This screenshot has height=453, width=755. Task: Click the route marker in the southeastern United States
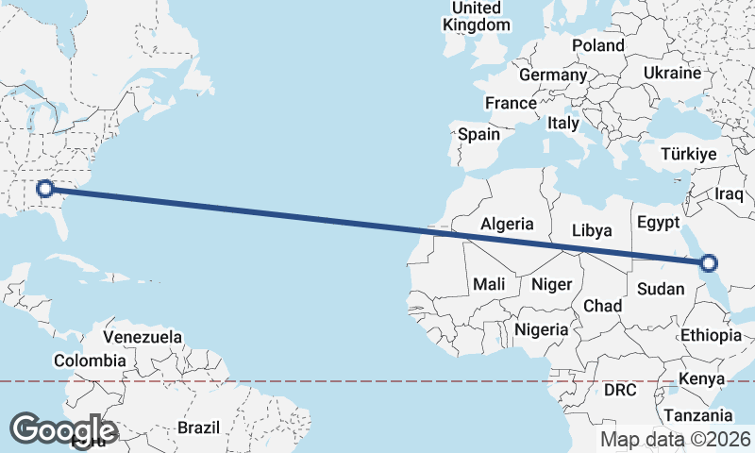(x=44, y=189)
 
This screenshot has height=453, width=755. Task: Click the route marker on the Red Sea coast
(x=710, y=264)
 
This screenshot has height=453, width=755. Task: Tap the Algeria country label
(x=507, y=225)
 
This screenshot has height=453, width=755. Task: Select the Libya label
(x=592, y=230)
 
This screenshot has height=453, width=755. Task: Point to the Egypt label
(x=659, y=224)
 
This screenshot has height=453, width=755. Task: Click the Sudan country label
(x=660, y=289)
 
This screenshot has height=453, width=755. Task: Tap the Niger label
(x=552, y=284)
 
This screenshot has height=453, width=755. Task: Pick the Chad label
(x=603, y=306)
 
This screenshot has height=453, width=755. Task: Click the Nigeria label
(x=542, y=329)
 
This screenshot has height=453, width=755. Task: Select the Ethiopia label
(x=711, y=335)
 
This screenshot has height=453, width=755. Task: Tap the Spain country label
(x=479, y=134)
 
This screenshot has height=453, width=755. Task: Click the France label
(x=511, y=103)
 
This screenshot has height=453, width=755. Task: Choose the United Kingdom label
(x=477, y=17)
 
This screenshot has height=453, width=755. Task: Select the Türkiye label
(x=690, y=154)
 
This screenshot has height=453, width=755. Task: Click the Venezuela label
(x=143, y=337)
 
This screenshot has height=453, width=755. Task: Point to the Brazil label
(x=198, y=428)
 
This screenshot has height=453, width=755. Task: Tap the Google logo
(x=63, y=429)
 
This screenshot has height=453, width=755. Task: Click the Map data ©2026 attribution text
(x=676, y=440)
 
